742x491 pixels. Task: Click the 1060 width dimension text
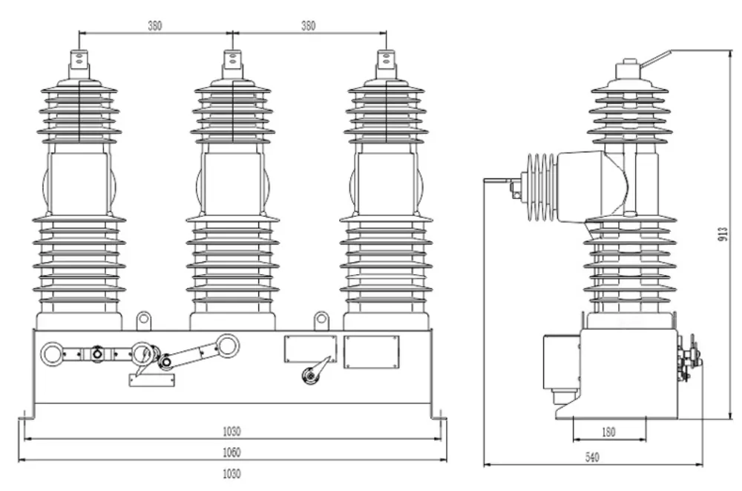pos(232,452)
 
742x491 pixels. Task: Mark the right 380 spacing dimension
pos(308,25)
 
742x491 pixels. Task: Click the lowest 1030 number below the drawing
pos(232,472)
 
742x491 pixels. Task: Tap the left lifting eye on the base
pos(143,320)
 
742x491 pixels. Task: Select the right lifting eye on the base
pos(321,320)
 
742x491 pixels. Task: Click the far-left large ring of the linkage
pos(53,353)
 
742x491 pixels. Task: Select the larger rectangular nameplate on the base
pos(372,350)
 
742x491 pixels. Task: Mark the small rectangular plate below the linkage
pos(153,380)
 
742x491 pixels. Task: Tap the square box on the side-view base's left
pos(561,365)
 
